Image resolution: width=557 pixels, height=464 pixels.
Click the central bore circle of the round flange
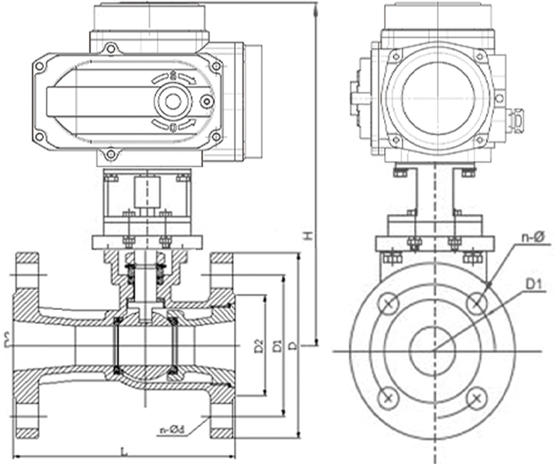[433, 350]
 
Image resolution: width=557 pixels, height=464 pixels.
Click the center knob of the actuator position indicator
[172, 101]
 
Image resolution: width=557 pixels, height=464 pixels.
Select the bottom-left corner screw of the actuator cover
[40, 136]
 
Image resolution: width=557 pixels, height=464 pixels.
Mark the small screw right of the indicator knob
[206, 102]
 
